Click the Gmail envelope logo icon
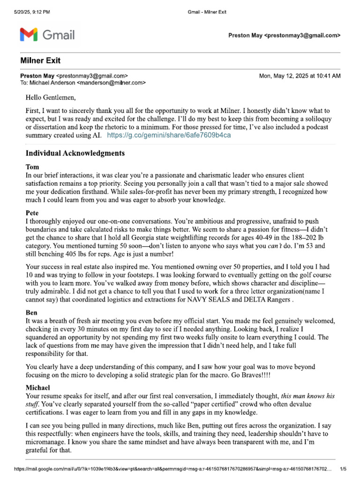28,35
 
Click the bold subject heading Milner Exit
40,61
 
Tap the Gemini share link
169,135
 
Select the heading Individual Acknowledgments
75,153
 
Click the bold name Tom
31,166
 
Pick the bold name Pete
32,212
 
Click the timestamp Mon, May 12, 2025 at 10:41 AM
300,75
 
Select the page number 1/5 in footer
343,468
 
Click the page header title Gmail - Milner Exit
203,12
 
